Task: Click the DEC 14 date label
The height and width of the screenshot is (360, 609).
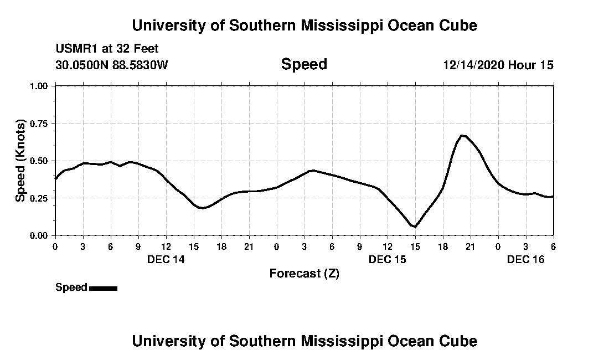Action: [166, 259]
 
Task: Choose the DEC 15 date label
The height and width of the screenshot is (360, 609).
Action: [387, 259]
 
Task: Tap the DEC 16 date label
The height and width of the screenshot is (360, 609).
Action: [525, 259]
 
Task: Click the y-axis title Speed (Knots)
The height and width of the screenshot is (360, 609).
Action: [20, 161]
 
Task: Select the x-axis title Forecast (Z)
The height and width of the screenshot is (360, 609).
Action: [304, 273]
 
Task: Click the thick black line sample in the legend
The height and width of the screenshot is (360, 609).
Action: [103, 288]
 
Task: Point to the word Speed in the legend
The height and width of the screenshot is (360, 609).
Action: [71, 287]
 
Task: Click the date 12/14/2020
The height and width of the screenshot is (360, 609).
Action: [473, 65]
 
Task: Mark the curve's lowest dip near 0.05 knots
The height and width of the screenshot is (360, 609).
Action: [415, 227]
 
